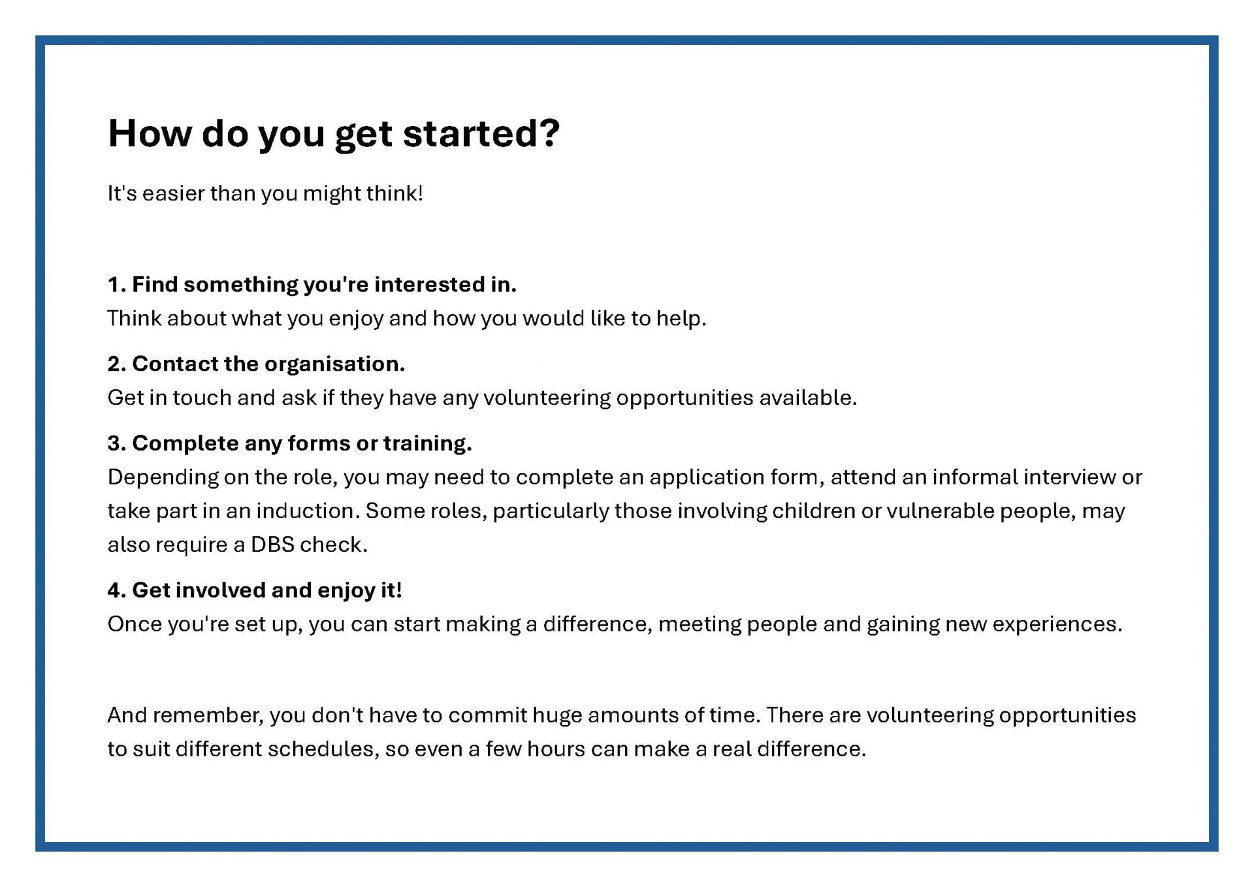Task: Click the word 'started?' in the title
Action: (481, 133)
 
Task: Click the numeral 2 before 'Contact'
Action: (115, 364)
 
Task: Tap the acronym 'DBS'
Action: (272, 545)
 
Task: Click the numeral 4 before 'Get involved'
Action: (115, 590)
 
